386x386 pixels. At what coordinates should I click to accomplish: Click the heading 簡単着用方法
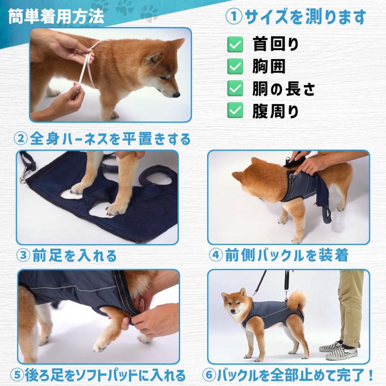[56, 17]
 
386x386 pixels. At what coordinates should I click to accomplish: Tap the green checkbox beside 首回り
[235, 45]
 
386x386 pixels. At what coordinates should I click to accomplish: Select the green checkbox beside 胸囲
[235, 66]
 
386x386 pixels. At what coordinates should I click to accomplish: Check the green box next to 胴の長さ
[235, 88]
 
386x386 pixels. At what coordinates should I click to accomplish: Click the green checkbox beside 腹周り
[235, 110]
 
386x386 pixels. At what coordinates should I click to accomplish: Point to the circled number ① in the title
[234, 17]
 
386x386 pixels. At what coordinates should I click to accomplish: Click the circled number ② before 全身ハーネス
[21, 139]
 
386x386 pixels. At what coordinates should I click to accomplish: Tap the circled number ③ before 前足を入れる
[24, 255]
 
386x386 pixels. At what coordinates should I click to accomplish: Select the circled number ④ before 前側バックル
[216, 255]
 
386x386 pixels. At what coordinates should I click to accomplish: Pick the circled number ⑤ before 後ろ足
[17, 375]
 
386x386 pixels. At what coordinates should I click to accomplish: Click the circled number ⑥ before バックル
[209, 375]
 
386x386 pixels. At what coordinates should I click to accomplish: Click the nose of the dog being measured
[177, 95]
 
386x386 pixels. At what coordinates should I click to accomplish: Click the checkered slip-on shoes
[338, 350]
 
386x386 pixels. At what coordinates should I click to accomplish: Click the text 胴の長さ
[283, 89]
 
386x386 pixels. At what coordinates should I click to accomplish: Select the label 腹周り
[275, 111]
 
